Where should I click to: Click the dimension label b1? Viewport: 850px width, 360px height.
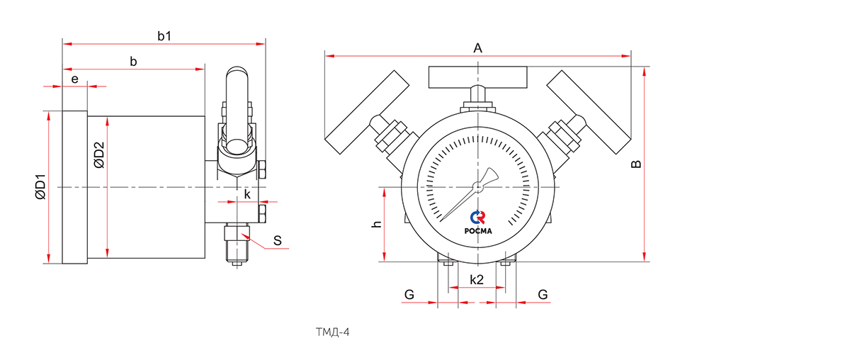[164, 36]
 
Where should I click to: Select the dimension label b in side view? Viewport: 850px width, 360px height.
[133, 62]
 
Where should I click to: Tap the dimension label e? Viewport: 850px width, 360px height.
[74, 79]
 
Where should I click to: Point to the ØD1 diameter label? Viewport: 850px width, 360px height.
[40, 186]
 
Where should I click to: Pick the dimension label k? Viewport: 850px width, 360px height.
[246, 194]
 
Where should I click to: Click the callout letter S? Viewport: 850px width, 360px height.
[278, 241]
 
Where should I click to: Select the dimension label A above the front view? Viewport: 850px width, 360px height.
[477, 48]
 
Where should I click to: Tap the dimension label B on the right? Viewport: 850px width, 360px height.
[636, 164]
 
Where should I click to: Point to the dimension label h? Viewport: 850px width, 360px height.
[377, 224]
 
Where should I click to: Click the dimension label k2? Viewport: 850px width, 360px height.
[477, 281]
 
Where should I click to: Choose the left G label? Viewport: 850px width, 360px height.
[408, 294]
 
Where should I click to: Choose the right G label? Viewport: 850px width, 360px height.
[543, 294]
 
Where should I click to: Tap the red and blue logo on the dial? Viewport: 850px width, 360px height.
[478, 217]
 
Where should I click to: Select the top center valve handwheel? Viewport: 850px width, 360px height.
[478, 76]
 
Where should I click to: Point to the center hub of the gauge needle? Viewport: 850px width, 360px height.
[478, 187]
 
